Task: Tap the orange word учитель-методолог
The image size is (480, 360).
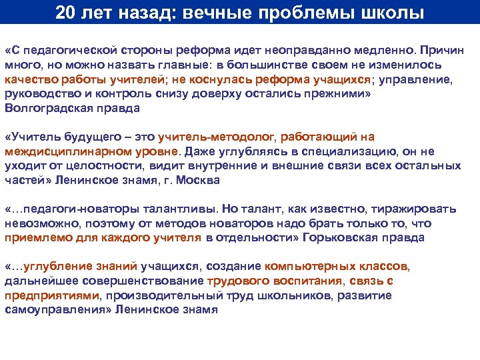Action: coord(216,137)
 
